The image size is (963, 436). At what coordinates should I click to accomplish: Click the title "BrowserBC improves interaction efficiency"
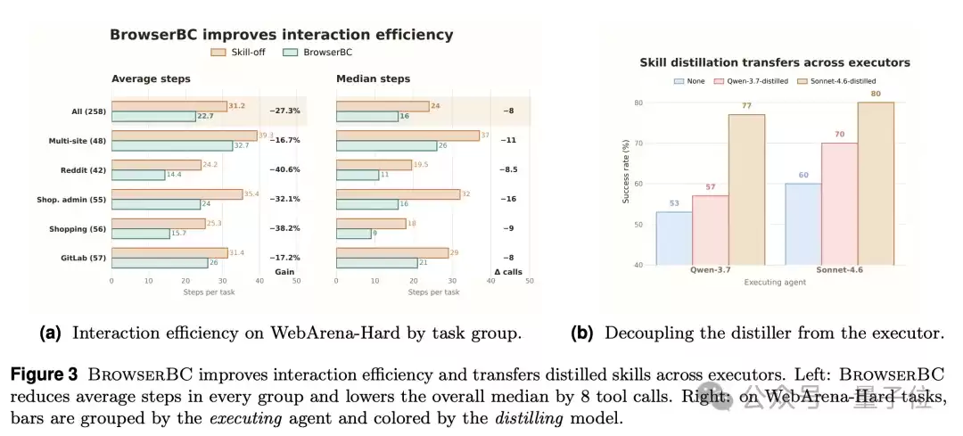(x=281, y=35)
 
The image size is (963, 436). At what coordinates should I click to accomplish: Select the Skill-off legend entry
(x=238, y=53)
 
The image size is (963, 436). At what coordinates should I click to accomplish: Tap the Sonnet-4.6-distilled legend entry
(x=835, y=81)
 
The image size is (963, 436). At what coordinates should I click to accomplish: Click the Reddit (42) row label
(x=83, y=169)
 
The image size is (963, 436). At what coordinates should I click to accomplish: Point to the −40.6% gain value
(x=284, y=169)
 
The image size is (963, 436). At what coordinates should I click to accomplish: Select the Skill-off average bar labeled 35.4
(x=177, y=194)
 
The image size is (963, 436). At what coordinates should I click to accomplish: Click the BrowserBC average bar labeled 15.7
(x=140, y=234)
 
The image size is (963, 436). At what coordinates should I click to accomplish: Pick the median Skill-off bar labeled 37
(x=407, y=136)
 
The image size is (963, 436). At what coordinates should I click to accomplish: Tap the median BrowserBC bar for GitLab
(x=377, y=263)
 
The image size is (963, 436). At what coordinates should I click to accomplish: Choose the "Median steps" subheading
(x=373, y=78)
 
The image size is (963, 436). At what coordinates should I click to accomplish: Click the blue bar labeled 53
(x=675, y=238)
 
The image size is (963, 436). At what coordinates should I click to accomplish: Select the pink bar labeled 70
(x=840, y=204)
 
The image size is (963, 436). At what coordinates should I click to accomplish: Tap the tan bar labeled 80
(x=876, y=184)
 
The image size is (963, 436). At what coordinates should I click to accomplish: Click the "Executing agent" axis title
(x=775, y=282)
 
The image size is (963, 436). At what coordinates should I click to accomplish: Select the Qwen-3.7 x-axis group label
(x=712, y=270)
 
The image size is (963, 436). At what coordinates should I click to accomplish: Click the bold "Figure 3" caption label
(x=44, y=374)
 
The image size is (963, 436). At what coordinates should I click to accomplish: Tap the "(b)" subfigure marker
(x=581, y=333)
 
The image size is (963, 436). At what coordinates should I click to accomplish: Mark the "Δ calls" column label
(x=508, y=271)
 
